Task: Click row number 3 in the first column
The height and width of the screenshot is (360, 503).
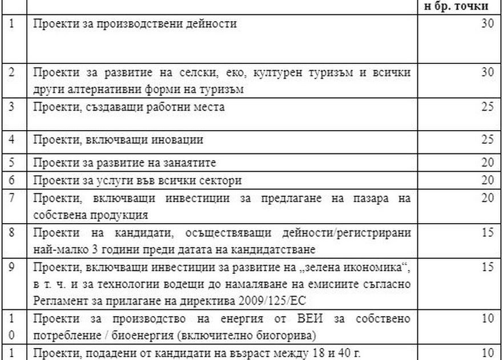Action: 12,107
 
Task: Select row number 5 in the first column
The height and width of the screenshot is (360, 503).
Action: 12,163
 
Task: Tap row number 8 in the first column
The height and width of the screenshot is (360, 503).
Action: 12,233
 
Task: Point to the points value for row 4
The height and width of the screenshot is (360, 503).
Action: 487,139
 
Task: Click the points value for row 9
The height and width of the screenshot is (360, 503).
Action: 487,266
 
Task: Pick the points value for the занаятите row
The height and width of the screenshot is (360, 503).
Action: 487,163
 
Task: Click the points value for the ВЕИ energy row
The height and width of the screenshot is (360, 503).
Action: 487,318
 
